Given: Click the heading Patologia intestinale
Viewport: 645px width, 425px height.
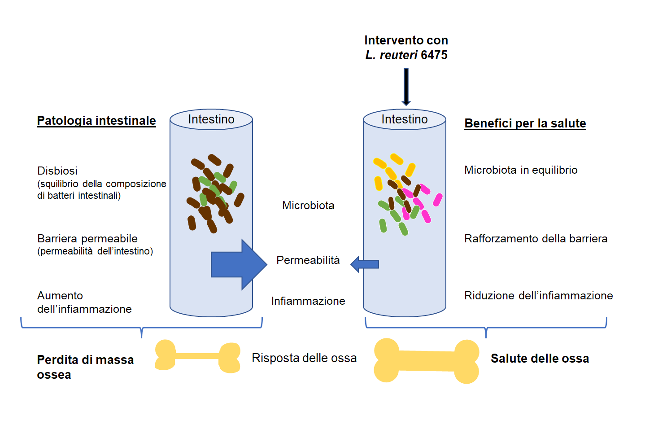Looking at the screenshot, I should click(96, 121).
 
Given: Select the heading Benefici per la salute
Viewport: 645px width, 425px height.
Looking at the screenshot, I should click(525, 123).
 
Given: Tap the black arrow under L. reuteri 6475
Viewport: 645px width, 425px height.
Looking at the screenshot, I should click(406, 87).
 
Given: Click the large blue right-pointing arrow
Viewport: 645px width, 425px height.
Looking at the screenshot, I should click(239, 264).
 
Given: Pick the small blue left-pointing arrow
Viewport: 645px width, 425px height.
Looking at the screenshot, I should click(365, 264).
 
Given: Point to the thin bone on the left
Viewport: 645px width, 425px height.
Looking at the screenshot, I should click(197, 356).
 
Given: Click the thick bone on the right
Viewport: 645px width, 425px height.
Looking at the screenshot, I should click(426, 360).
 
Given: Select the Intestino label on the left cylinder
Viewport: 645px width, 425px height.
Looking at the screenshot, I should click(211, 119).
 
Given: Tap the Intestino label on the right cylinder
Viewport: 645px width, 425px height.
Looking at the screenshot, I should click(404, 119).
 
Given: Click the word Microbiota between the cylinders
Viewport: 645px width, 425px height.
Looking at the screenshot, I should click(308, 206).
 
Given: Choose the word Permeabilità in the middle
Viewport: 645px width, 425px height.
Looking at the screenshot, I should click(308, 260).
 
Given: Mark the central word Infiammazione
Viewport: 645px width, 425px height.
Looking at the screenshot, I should click(308, 301).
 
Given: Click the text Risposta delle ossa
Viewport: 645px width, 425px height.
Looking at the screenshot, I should click(304, 358).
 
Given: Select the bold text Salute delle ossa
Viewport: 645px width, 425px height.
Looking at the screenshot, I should click(540, 359).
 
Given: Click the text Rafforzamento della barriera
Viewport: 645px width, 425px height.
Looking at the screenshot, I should click(536, 239).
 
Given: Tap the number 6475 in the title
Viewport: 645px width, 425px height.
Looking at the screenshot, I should click(434, 55).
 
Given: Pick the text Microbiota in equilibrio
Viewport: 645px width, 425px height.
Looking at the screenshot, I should click(521, 170).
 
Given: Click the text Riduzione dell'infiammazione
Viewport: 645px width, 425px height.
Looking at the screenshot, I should click(538, 296).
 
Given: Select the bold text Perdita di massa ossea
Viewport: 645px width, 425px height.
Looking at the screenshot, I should click(85, 367).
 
